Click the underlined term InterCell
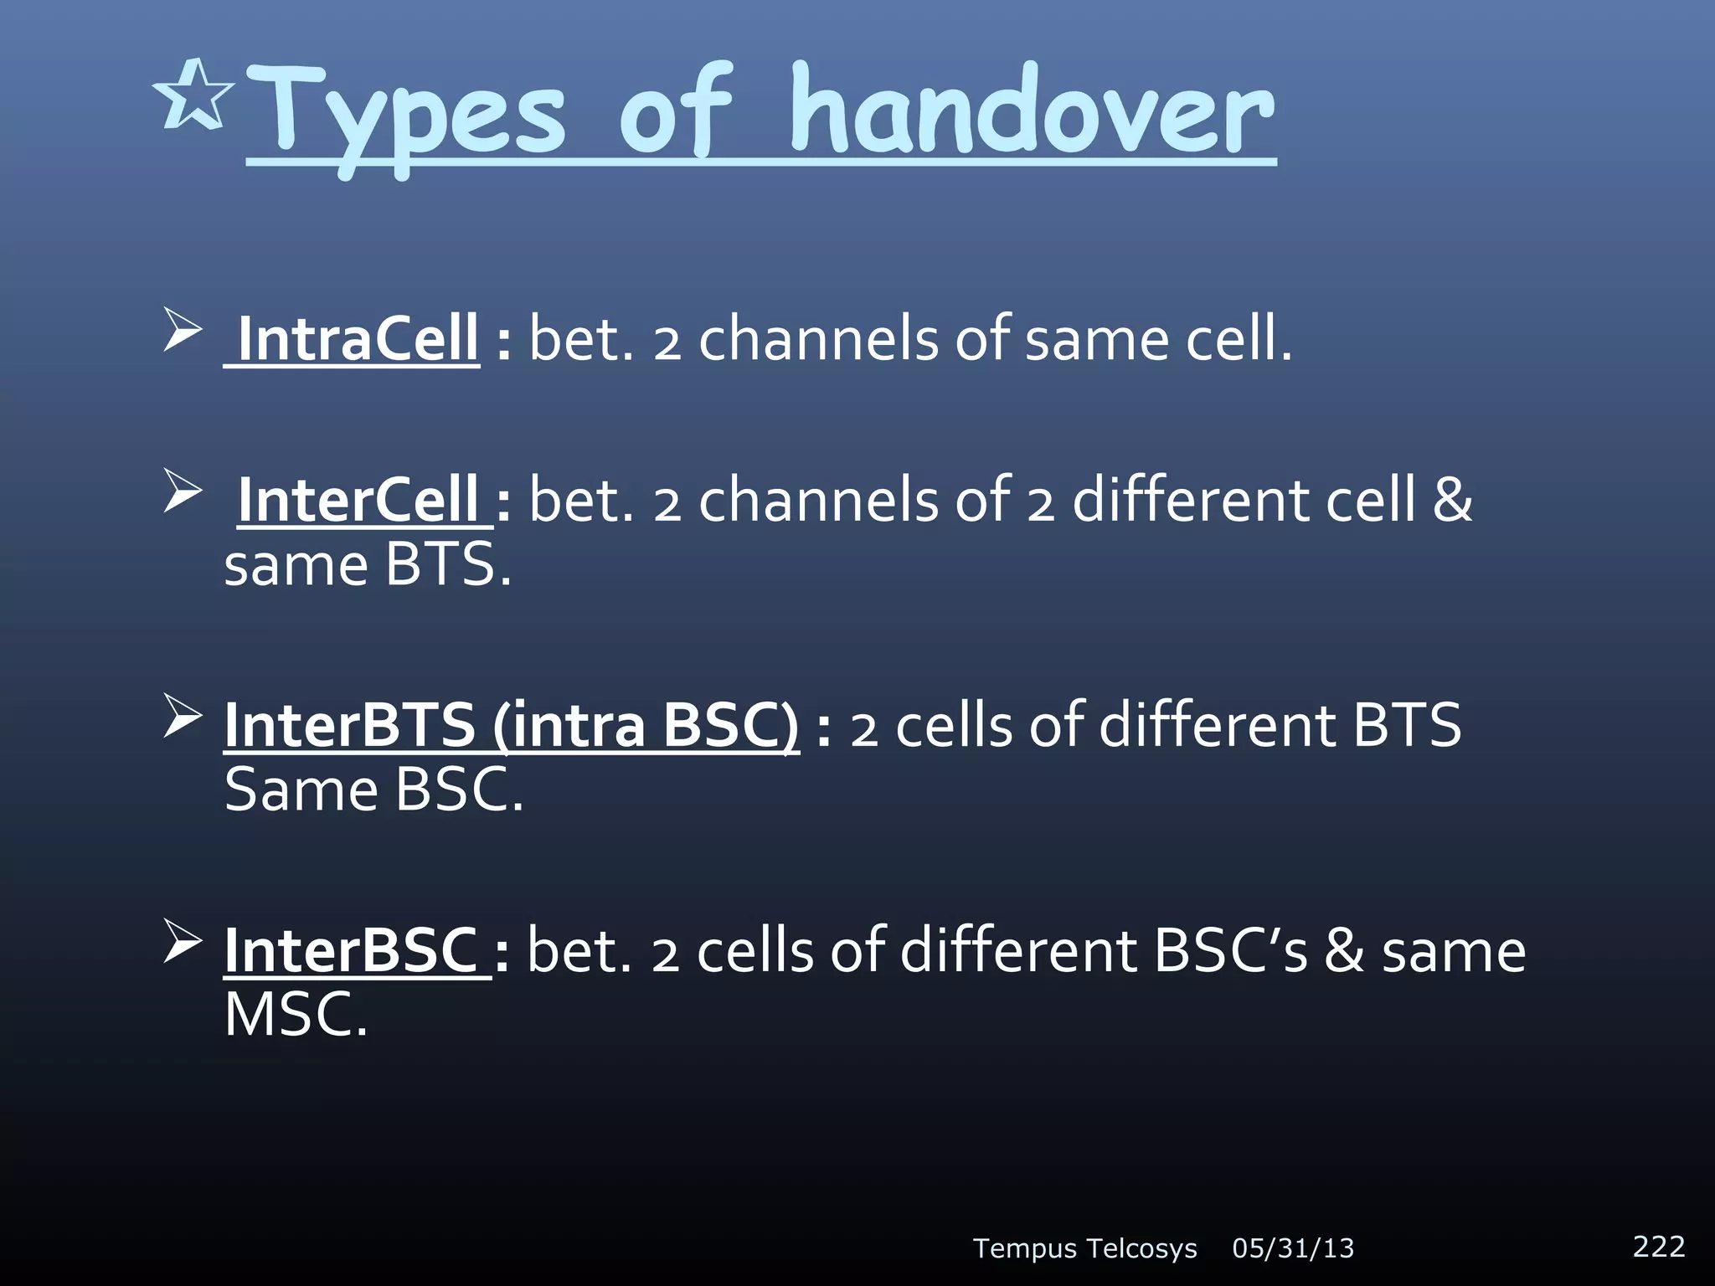click(358, 500)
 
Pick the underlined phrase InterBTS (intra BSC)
click(511, 725)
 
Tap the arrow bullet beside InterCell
click(182, 491)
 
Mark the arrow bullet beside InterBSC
click(182, 941)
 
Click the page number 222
click(1658, 1246)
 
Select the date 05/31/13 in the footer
click(1293, 1248)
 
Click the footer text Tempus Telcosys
click(1084, 1248)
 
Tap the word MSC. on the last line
click(296, 1015)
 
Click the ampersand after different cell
click(1452, 500)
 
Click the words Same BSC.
click(373, 790)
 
